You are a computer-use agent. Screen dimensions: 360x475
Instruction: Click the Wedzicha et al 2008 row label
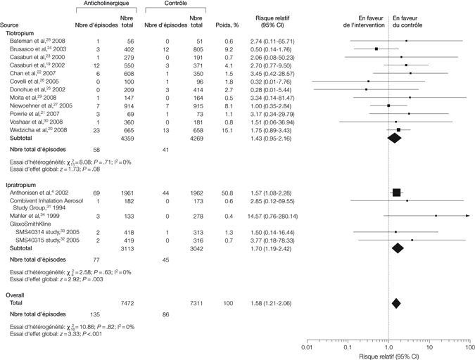(x=44, y=130)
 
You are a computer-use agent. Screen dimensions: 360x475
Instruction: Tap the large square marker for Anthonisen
(x=397, y=192)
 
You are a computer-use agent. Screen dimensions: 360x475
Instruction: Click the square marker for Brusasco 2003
(x=376, y=49)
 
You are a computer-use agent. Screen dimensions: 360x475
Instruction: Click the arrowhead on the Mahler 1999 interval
(x=467, y=216)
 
